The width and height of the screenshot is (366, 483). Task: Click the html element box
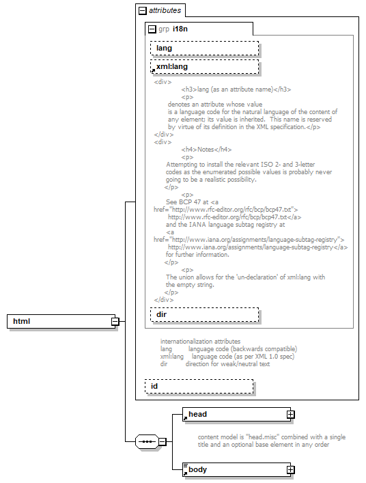[59, 321]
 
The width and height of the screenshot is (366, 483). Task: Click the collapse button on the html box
[115, 321]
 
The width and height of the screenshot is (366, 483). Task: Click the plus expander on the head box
[290, 414]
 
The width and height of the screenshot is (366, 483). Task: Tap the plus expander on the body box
[290, 469]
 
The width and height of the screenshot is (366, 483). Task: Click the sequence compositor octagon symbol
[147, 441]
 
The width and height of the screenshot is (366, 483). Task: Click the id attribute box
[199, 387]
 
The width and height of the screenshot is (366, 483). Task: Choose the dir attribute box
[204, 314]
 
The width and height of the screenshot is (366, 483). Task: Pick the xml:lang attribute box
[204, 67]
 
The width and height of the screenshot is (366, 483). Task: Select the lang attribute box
[204, 48]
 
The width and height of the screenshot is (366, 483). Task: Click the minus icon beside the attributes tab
[143, 11]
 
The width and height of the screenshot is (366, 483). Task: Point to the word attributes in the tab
[165, 11]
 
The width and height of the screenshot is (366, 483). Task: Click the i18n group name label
[180, 29]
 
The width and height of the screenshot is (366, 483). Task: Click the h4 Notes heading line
[206, 150]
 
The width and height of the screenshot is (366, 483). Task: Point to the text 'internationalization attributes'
[200, 341]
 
